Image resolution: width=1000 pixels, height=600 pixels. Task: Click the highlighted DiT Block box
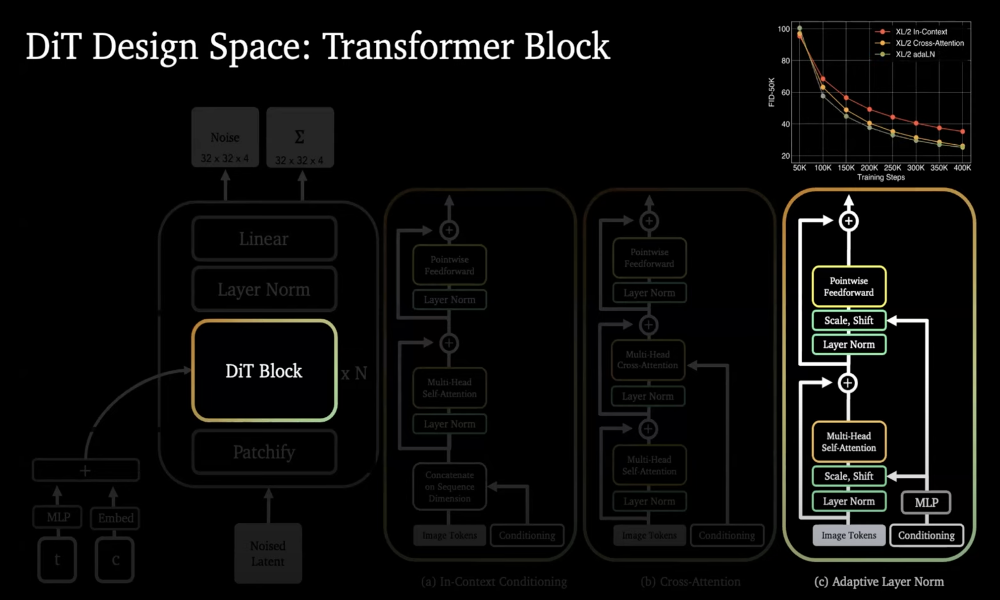coord(264,371)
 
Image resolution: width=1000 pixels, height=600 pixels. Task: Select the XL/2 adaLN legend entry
coord(915,54)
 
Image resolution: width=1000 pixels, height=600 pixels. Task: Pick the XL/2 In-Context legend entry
coord(921,32)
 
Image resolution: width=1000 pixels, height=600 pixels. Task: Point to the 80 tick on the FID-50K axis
coord(785,60)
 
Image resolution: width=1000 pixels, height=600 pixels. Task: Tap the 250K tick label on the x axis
coord(892,168)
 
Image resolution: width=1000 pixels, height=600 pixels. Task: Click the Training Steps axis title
coord(881,177)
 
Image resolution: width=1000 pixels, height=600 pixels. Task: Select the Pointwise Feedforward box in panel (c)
coord(849,286)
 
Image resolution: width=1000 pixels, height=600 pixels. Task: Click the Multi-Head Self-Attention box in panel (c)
coord(849,442)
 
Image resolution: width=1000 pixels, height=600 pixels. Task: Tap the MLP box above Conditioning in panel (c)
coord(926,502)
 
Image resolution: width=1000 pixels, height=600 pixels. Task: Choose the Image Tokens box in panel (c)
coord(849,535)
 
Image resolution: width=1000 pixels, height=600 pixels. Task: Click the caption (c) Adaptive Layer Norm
coord(879,581)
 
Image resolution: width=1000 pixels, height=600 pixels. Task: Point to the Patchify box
coord(264,452)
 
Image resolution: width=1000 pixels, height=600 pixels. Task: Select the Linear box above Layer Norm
coord(264,238)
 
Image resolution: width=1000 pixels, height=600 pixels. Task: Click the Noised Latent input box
coord(268,553)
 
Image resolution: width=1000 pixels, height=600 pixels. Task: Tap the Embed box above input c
coord(115,518)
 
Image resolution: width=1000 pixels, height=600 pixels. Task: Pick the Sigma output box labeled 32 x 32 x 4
coord(300,137)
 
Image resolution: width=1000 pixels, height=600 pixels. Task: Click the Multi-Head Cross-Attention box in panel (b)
coord(648,360)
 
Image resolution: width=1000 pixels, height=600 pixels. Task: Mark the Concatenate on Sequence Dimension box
coord(449,486)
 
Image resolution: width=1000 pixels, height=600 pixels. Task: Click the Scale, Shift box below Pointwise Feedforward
coord(849,320)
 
